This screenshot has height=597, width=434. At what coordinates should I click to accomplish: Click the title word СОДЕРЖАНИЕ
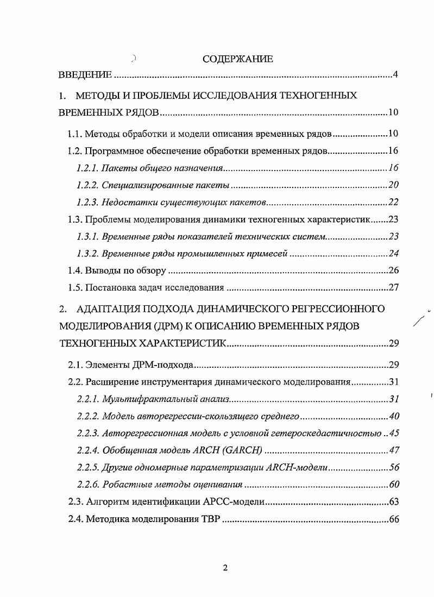click(x=237, y=59)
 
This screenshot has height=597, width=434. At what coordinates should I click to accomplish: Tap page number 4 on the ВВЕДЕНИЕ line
click(x=396, y=74)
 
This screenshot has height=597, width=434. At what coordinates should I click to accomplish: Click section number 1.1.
click(x=75, y=134)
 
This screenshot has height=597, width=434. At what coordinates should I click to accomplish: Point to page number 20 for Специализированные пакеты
click(x=394, y=185)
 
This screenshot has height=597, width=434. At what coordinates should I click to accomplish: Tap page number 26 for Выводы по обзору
click(x=394, y=271)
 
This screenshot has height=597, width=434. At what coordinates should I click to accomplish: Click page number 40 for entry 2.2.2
click(x=394, y=417)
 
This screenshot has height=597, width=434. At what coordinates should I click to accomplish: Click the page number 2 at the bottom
click(x=225, y=568)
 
